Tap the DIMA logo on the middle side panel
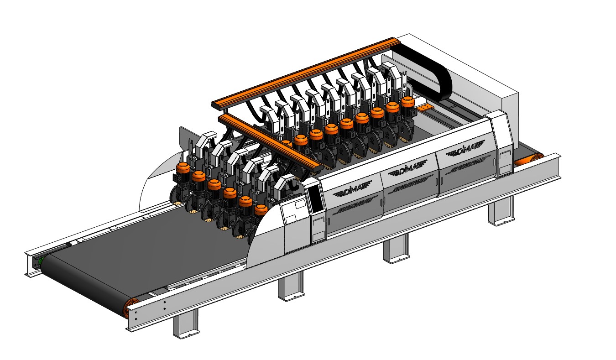pos(407,167)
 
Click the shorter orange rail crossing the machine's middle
pos(271,145)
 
